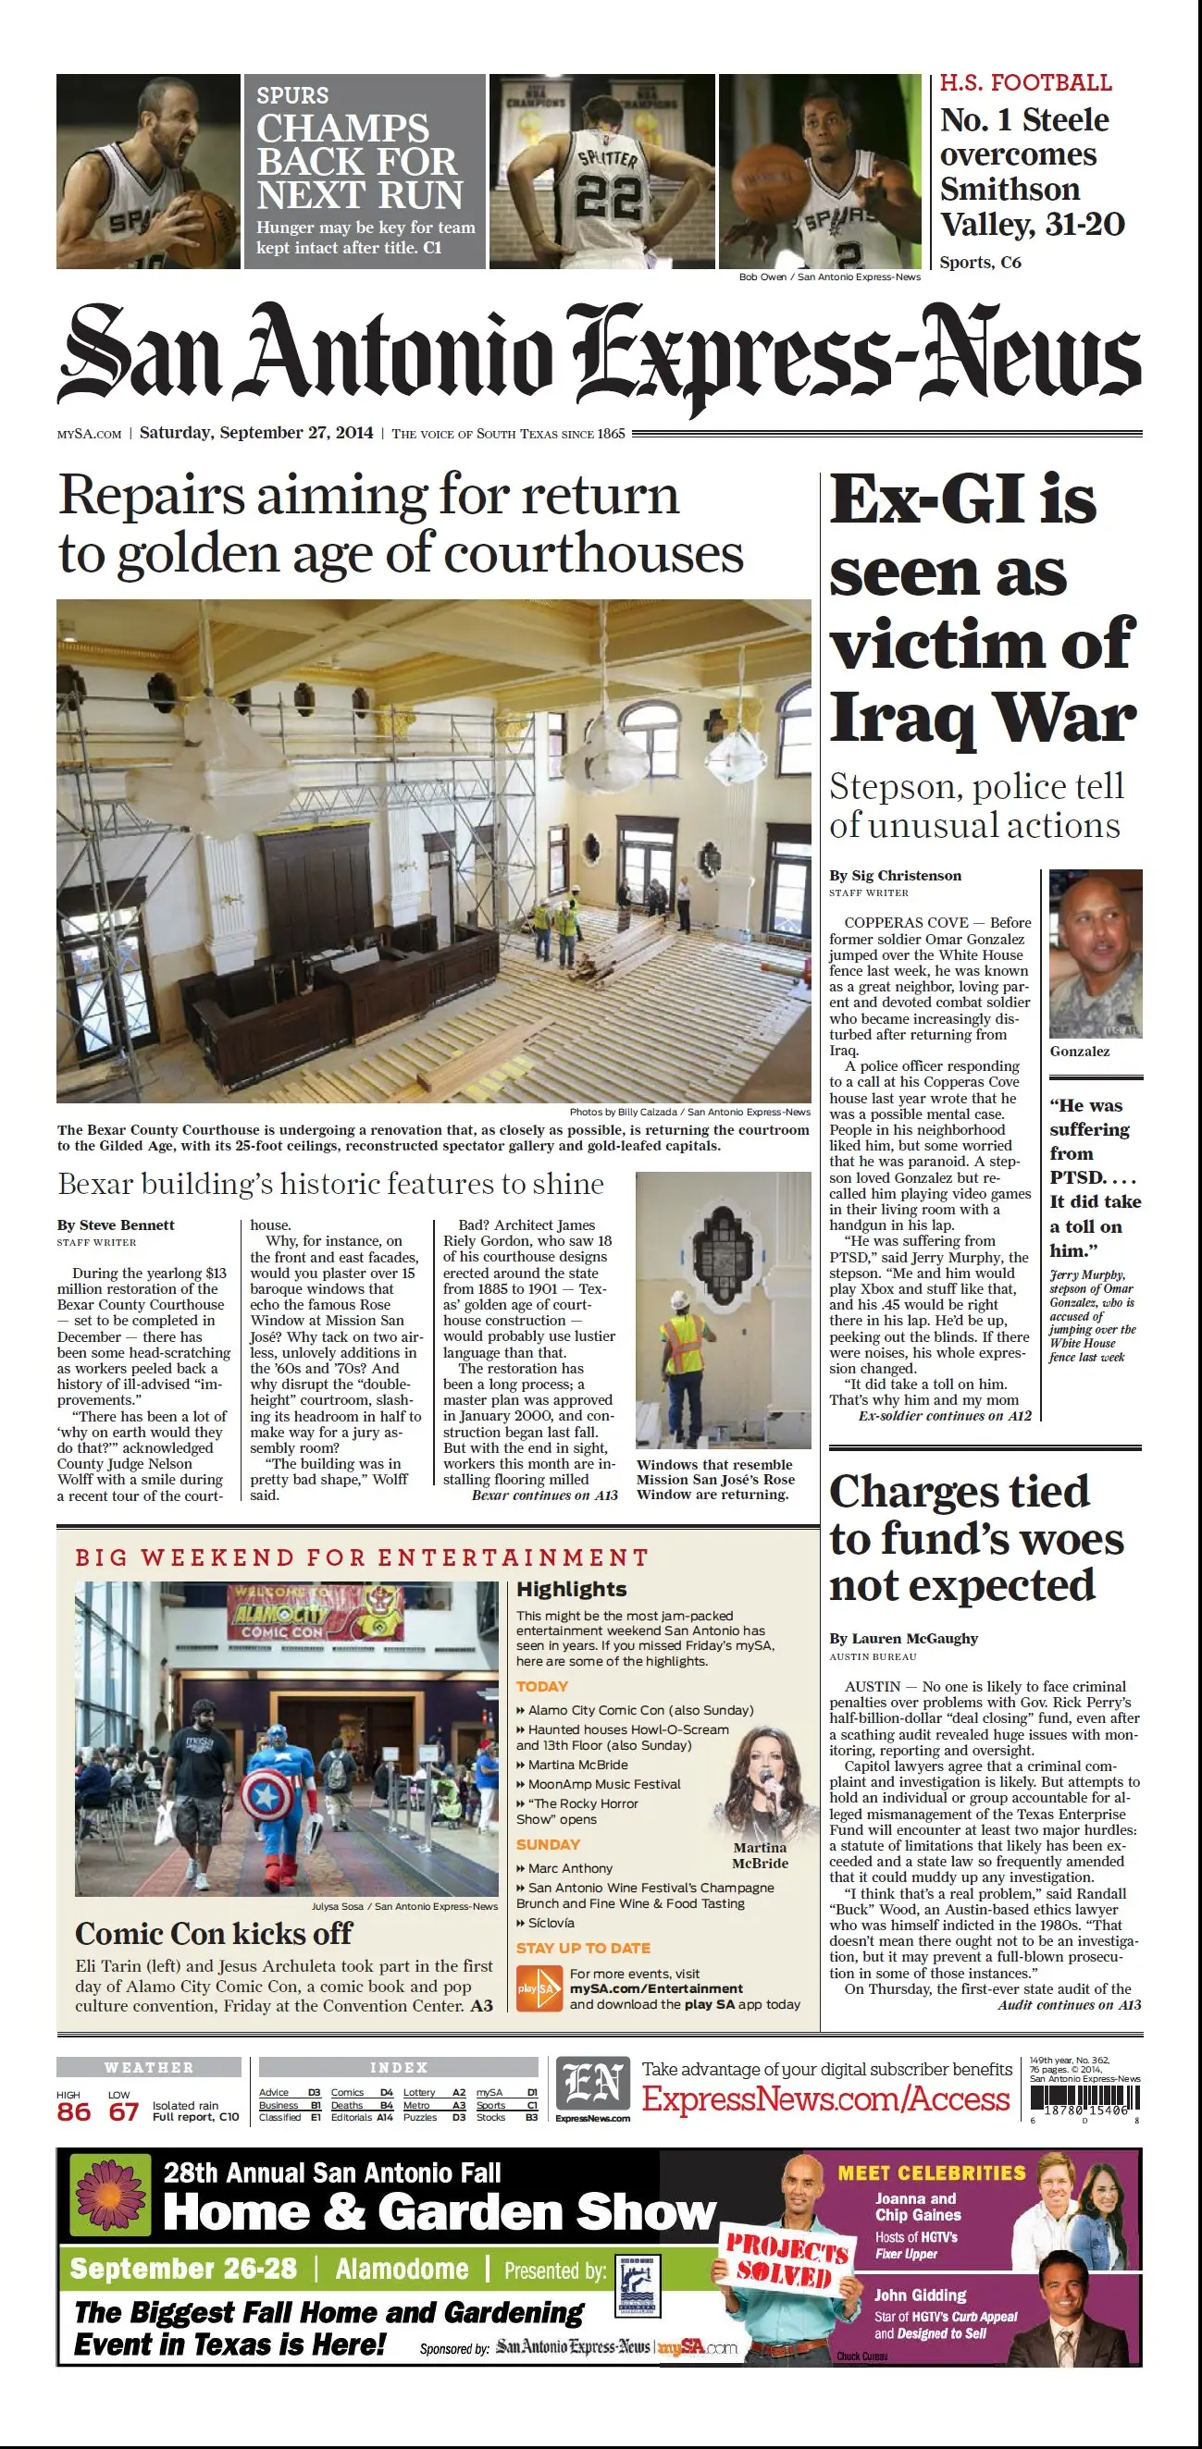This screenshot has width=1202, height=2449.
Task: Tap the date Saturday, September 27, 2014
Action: click(x=255, y=433)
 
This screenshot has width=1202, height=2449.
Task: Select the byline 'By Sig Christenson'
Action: click(x=895, y=876)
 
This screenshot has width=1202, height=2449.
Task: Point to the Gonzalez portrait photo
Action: click(x=1096, y=954)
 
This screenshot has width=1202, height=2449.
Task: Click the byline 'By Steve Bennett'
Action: click(x=116, y=1224)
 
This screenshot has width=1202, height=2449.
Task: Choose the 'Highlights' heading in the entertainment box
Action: click(x=572, y=1589)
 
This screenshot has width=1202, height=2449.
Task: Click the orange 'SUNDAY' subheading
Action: click(x=548, y=1844)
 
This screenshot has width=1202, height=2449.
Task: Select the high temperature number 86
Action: click(x=73, y=2112)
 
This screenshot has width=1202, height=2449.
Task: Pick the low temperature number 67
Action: click(x=124, y=2112)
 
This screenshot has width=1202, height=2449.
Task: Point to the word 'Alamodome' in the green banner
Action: click(x=402, y=2270)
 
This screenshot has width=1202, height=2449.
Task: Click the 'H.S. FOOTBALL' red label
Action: click(x=1025, y=82)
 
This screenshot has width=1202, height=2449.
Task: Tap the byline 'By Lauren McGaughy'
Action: click(x=903, y=1638)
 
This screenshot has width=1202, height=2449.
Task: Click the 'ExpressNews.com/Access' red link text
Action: click(x=825, y=2099)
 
